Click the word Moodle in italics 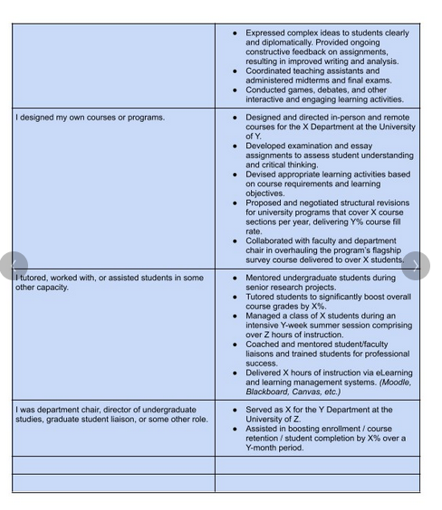point(397,382)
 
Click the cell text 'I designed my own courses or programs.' point(90,118)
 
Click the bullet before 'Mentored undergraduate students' point(235,279)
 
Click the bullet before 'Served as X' point(235,409)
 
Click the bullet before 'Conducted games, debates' point(235,90)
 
